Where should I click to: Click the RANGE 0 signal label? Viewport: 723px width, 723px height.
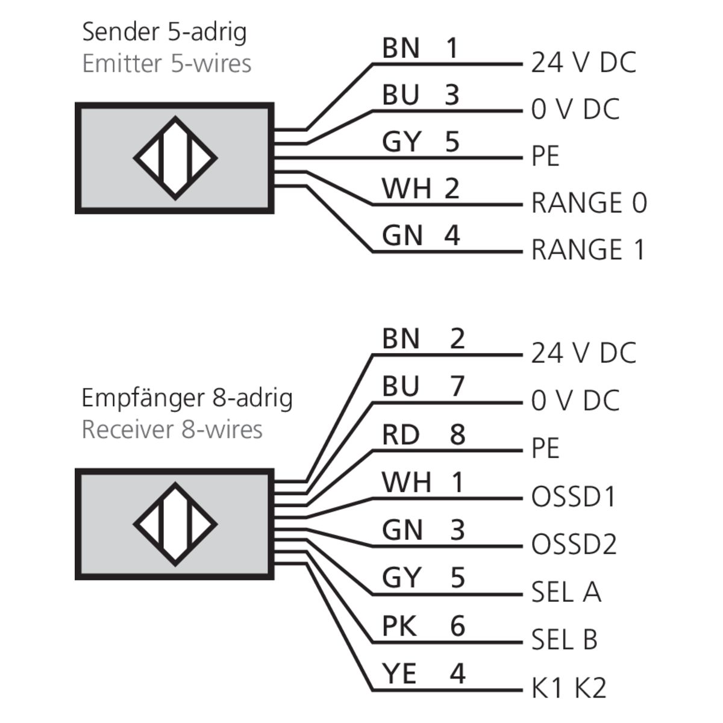click(x=589, y=203)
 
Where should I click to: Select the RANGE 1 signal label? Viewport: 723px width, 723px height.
click(x=587, y=250)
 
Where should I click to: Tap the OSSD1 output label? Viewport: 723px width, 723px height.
click(x=574, y=497)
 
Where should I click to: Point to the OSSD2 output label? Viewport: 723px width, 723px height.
click(x=574, y=545)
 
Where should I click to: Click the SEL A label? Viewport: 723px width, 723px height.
click(x=566, y=592)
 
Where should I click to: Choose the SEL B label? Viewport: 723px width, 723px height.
click(x=564, y=639)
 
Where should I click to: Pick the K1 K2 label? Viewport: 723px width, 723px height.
click(x=568, y=688)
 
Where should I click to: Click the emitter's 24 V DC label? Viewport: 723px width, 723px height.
click(x=583, y=63)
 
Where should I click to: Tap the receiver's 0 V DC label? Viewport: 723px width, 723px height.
click(x=575, y=401)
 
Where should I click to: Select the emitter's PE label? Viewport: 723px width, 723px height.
click(x=545, y=157)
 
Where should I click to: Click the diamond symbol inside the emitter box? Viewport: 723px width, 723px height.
click(x=175, y=158)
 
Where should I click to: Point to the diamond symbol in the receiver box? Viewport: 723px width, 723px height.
click(x=175, y=524)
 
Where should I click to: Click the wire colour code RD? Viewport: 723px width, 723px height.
click(x=401, y=434)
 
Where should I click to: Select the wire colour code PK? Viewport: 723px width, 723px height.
click(x=399, y=626)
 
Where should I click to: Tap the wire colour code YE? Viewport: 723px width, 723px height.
click(x=399, y=673)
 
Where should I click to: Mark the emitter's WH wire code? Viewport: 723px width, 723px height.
click(x=407, y=189)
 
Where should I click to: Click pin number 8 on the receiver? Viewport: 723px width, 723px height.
click(x=457, y=434)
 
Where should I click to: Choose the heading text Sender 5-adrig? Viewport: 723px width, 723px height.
click(x=164, y=32)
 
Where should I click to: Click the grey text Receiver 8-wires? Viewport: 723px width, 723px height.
click(x=172, y=430)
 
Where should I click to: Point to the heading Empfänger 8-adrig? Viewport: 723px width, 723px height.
click(x=187, y=398)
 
